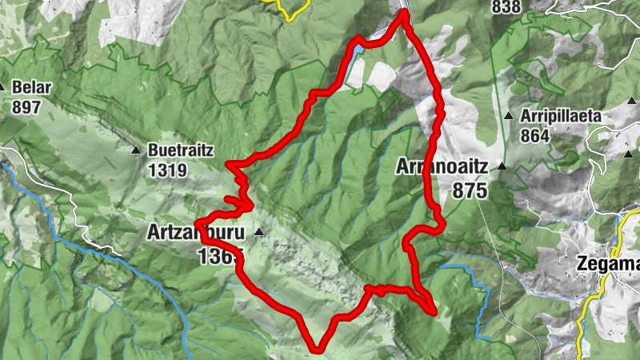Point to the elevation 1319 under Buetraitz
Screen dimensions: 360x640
point(167,170)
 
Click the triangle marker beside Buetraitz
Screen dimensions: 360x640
point(135,150)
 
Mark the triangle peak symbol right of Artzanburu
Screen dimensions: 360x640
point(258,232)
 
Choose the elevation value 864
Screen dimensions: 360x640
point(534,136)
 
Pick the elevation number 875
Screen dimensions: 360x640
point(469,190)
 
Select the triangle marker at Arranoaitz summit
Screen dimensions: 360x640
point(502,166)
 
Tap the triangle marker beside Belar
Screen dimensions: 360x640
point(3,86)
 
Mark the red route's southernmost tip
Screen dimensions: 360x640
point(318,349)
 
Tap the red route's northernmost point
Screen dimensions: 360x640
point(402,12)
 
